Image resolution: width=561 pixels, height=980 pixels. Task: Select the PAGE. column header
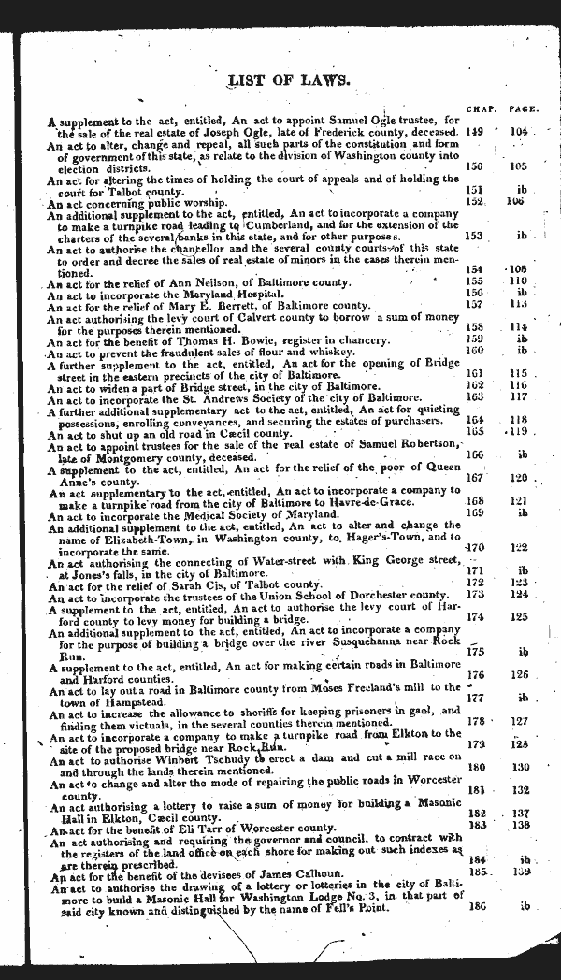(x=523, y=108)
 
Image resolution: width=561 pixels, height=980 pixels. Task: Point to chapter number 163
(x=476, y=396)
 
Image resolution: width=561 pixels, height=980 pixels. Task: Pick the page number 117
(x=519, y=396)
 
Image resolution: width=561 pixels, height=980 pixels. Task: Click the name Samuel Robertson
(x=410, y=443)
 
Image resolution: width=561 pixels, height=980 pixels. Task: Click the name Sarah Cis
(x=187, y=584)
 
